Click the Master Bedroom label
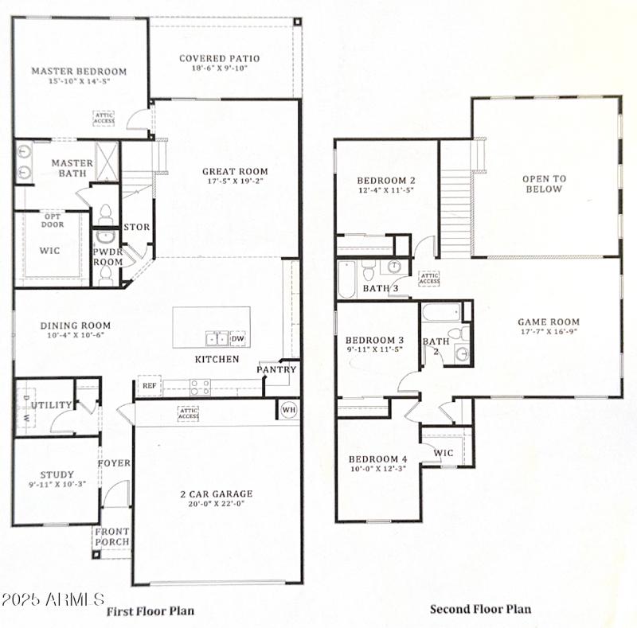[79, 71]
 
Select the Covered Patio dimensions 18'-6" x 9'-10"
[219, 69]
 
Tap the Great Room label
[235, 171]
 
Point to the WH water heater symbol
[288, 410]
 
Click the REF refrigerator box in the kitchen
[149, 386]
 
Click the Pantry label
[276, 369]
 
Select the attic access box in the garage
[188, 413]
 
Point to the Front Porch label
[112, 537]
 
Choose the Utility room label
[52, 405]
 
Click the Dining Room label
[64, 325]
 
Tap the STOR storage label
[136, 227]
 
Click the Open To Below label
[544, 184]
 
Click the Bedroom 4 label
[377, 459]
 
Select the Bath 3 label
[381, 288]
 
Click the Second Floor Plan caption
[480, 610]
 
